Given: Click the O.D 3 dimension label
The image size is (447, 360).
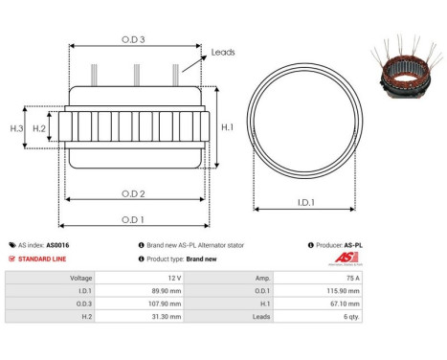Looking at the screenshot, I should [133, 39].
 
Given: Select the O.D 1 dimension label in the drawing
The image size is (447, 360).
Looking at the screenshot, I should [134, 219].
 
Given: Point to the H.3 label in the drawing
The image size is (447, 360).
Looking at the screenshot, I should [16, 127].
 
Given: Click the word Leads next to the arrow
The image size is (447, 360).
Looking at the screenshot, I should [223, 53].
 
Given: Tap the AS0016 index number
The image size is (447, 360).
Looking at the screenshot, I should [56, 245].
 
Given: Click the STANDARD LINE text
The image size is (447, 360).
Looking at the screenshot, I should [43, 259].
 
